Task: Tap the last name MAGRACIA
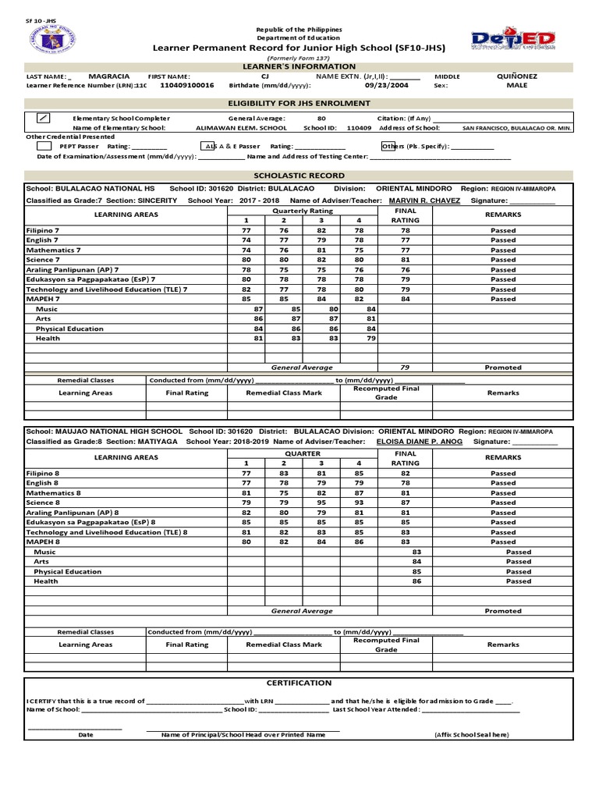pyautogui.click(x=109, y=76)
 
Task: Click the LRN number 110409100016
pyautogui.click(x=186, y=85)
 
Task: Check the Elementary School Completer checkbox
pyautogui.click(x=44, y=118)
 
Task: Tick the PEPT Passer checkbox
pyautogui.click(x=44, y=146)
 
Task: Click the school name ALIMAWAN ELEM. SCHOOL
pyautogui.click(x=241, y=127)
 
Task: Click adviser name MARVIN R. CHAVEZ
pyautogui.click(x=424, y=201)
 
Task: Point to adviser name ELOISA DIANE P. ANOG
pyautogui.click(x=419, y=442)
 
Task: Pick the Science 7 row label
pyautogui.click(x=43, y=260)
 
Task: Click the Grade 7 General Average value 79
pyautogui.click(x=405, y=367)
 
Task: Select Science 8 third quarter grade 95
pyautogui.click(x=321, y=502)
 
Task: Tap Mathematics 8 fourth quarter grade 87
pyautogui.click(x=359, y=493)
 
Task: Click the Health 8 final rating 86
pyautogui.click(x=416, y=581)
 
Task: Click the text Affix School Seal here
pyautogui.click(x=471, y=735)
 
